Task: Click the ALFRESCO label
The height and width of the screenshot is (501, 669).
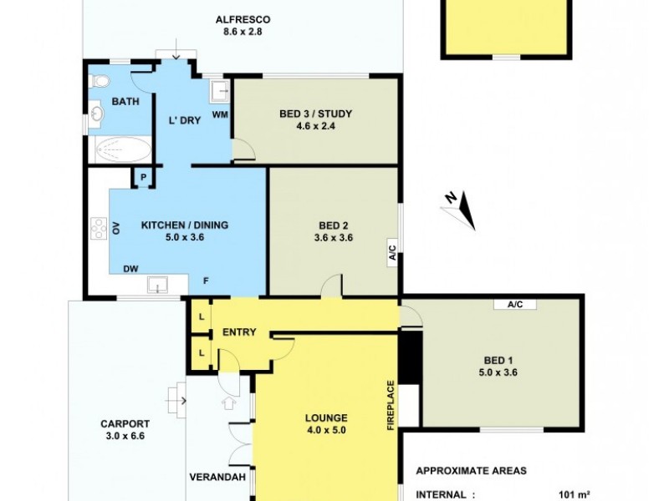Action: click(x=242, y=19)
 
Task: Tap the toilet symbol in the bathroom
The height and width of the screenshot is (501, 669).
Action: click(x=100, y=82)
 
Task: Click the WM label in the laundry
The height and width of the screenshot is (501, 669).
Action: click(x=220, y=114)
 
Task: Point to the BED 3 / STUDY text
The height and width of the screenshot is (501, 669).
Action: click(x=315, y=114)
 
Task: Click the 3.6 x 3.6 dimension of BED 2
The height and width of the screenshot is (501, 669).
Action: click(x=333, y=238)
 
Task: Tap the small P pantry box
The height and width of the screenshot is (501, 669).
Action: click(x=143, y=177)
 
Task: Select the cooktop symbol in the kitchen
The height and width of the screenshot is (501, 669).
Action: click(x=98, y=227)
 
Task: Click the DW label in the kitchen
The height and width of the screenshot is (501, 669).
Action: click(x=130, y=269)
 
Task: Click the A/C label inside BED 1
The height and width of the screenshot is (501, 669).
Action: click(x=514, y=305)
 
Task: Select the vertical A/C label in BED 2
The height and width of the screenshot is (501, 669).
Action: click(x=391, y=251)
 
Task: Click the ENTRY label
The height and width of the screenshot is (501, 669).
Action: click(x=239, y=332)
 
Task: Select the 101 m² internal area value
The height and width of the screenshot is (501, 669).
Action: click(x=574, y=493)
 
